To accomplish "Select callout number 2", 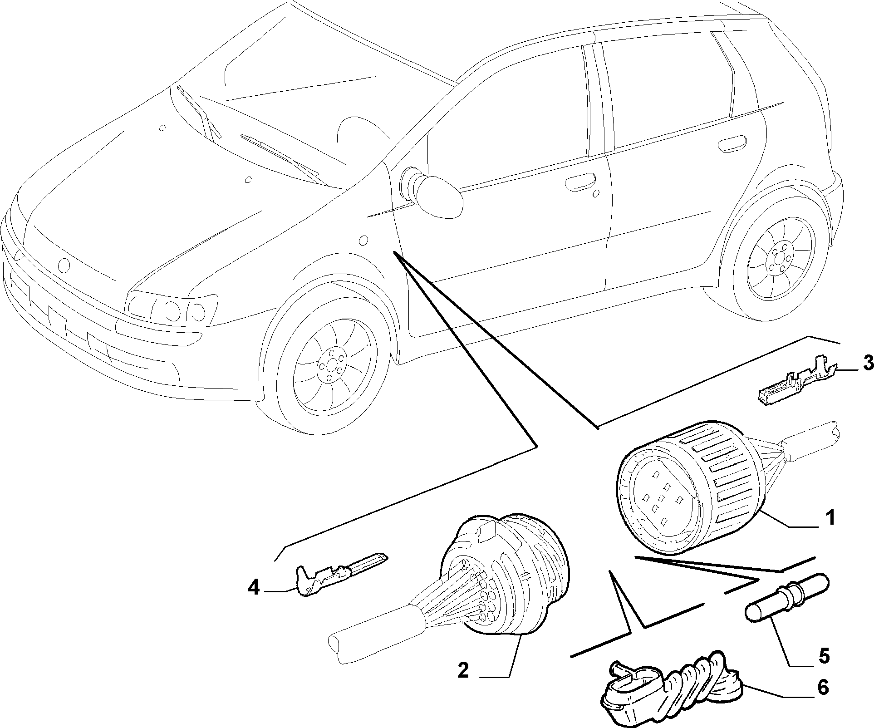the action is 463,670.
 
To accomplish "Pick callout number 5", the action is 824,655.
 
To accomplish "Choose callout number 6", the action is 822,688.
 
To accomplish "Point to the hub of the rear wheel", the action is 780,262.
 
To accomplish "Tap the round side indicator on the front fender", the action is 363,240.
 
